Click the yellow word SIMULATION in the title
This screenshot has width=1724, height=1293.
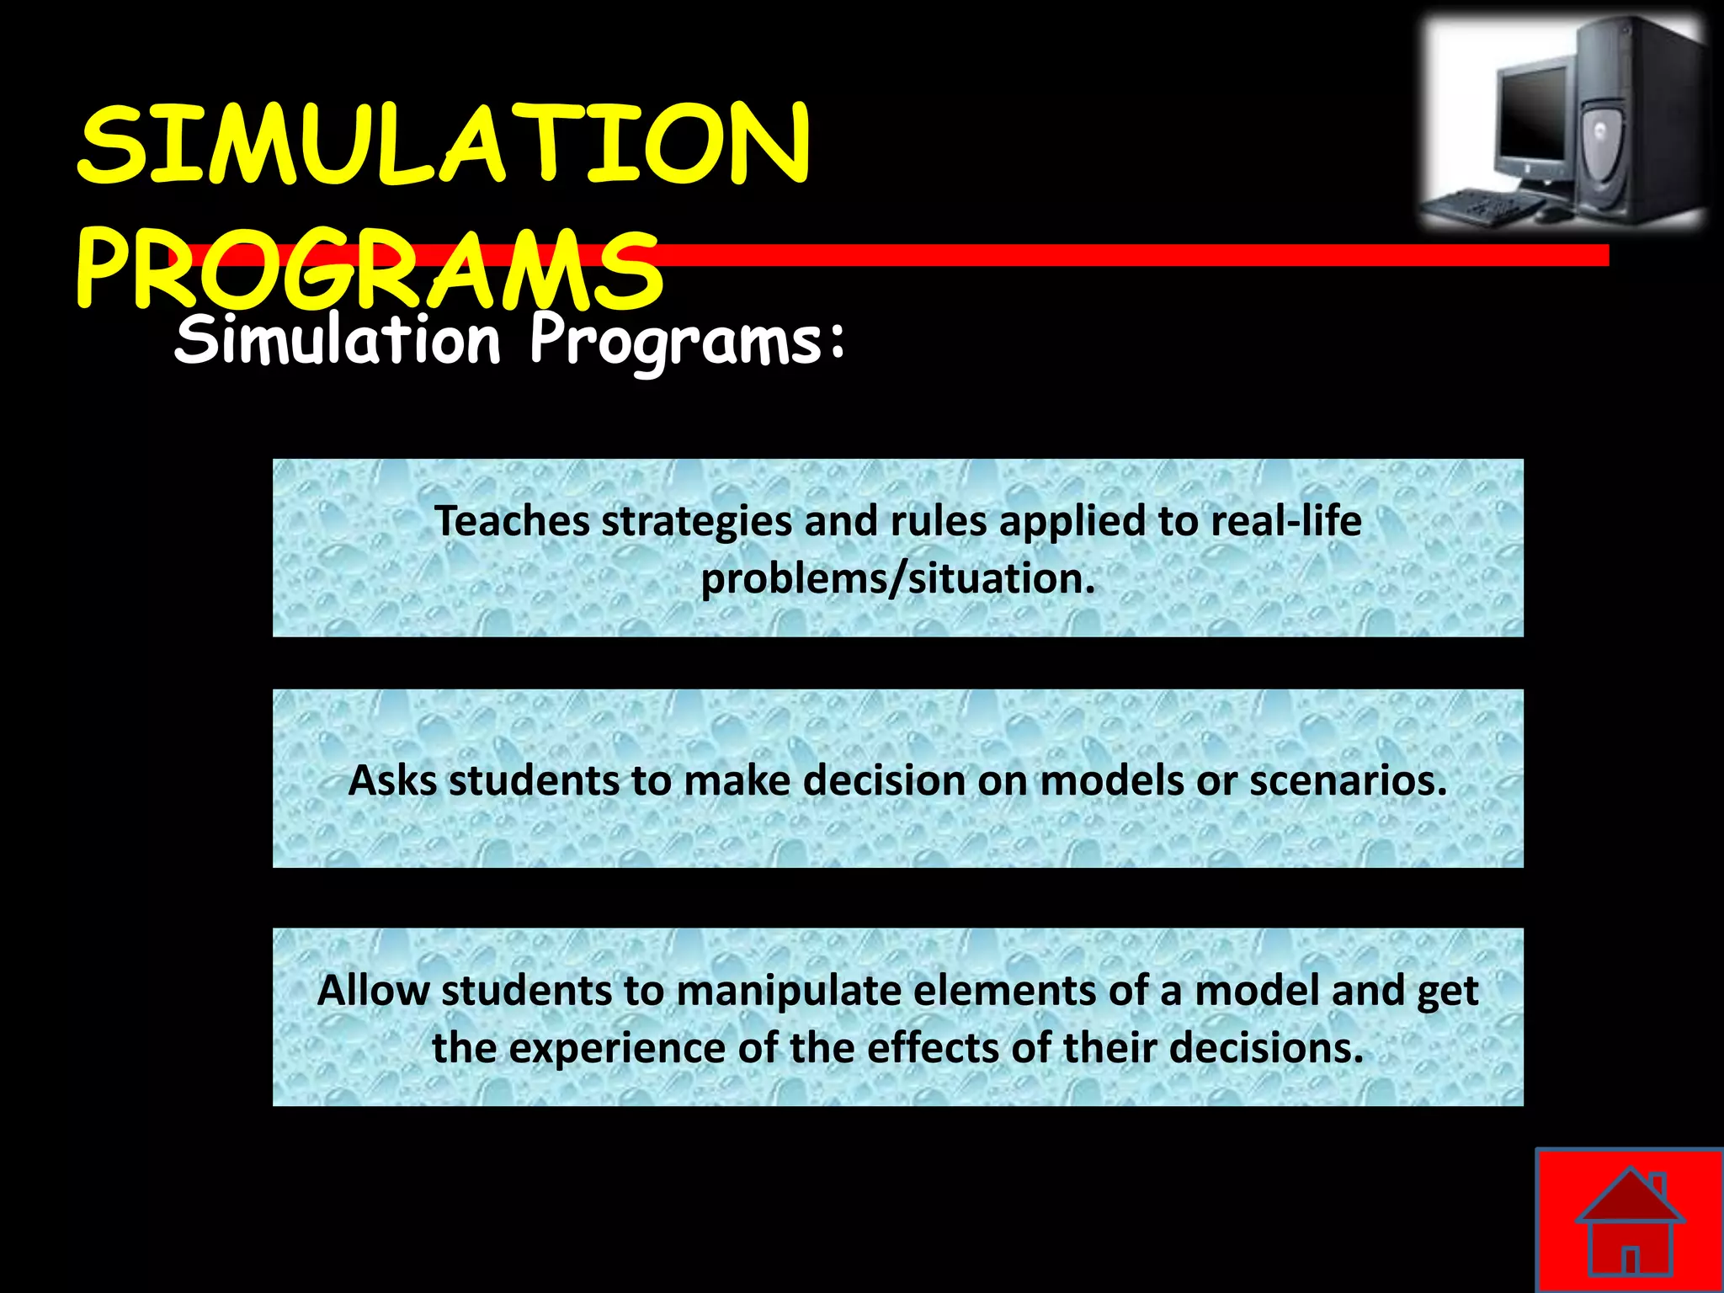444,145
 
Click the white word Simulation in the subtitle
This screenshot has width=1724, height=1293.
337,341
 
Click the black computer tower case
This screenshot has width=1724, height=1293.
1637,122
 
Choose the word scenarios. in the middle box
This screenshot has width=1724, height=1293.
1348,780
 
